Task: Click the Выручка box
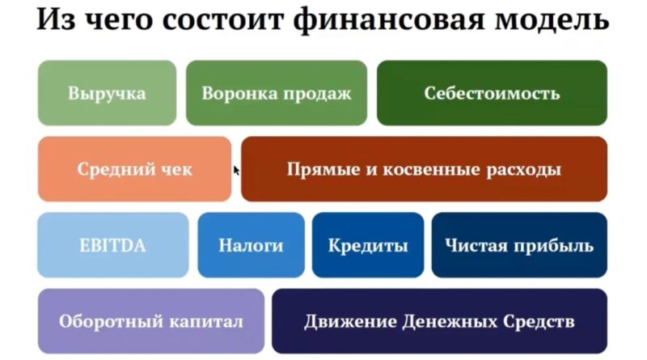click(108, 93)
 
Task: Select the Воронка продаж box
click(277, 93)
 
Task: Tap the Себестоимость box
click(492, 93)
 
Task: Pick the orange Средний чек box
click(134, 169)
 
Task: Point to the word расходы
click(523, 170)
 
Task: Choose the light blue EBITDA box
click(113, 245)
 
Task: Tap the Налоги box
click(252, 245)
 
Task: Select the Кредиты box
click(368, 245)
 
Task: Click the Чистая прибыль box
click(519, 245)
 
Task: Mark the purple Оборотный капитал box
click(151, 321)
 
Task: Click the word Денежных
click(450, 322)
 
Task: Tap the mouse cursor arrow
click(236, 171)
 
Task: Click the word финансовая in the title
click(389, 19)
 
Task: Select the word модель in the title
click(552, 19)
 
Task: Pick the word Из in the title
click(56, 19)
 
